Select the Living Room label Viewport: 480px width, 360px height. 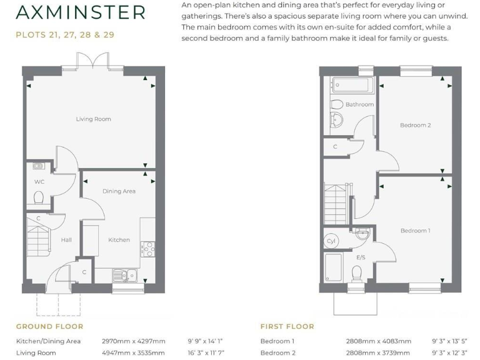click(x=93, y=119)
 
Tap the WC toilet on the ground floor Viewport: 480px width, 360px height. click(x=39, y=199)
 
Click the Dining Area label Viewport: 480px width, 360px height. click(x=119, y=191)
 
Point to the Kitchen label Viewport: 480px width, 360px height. click(x=119, y=240)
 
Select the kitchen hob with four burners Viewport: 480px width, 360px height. click(x=149, y=249)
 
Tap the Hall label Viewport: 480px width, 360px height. click(x=66, y=240)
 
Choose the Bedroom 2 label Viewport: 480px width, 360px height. click(x=415, y=125)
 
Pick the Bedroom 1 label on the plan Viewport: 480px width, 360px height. click(x=415, y=231)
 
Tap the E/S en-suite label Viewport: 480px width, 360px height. click(x=361, y=257)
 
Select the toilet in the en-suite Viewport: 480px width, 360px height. click(x=357, y=273)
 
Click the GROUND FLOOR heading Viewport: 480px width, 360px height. click(x=49, y=326)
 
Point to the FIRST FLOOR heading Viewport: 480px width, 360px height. click(x=287, y=326)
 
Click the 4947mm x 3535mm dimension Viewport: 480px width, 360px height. click(x=133, y=352)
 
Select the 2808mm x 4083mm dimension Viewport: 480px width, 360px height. click(x=378, y=341)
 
